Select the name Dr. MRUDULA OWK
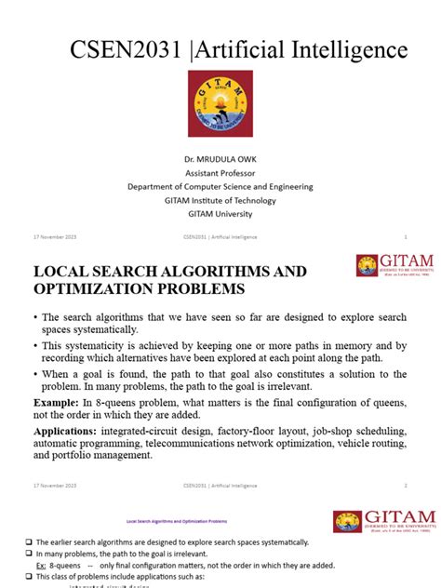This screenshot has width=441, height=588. click(220, 160)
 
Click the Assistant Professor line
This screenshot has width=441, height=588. click(220, 173)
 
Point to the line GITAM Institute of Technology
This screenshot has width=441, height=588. click(220, 199)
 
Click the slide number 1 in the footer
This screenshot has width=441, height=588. click(406, 236)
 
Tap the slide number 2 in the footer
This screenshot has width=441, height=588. click(406, 485)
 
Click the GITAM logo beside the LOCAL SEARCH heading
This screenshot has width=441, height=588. click(382, 266)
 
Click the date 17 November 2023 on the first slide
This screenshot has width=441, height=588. click(54, 236)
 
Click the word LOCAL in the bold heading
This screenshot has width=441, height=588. click(63, 272)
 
